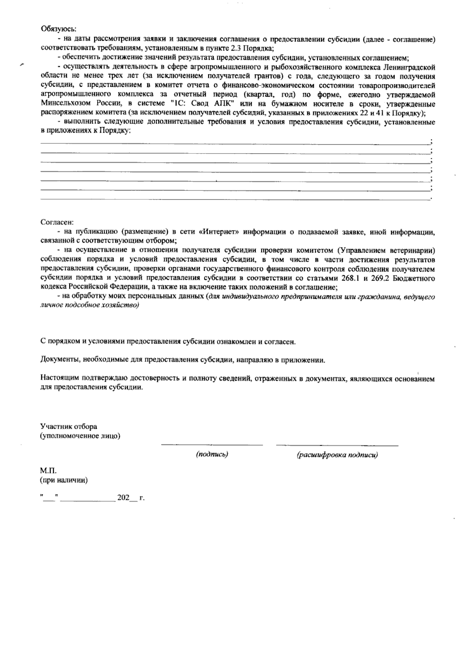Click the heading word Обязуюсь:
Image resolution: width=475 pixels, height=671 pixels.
[59, 29]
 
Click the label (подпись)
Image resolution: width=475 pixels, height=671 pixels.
[212, 455]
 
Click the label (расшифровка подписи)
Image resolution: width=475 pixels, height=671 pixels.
[337, 455]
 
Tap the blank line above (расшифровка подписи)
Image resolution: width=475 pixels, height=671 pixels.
[337, 446]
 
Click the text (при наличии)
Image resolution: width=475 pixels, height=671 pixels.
[64, 481]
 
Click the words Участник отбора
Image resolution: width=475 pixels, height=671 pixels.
[68, 427]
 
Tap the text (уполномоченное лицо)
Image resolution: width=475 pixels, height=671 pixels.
[80, 436]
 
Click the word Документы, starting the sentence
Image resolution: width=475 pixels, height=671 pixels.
[59, 360]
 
